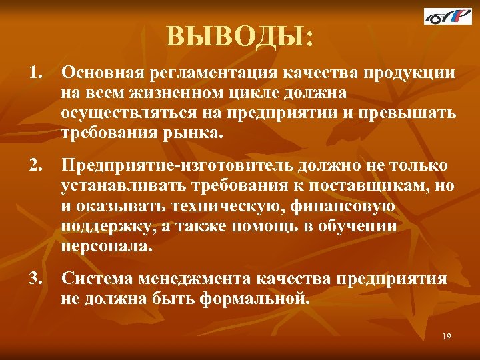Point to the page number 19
coord(446,337)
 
